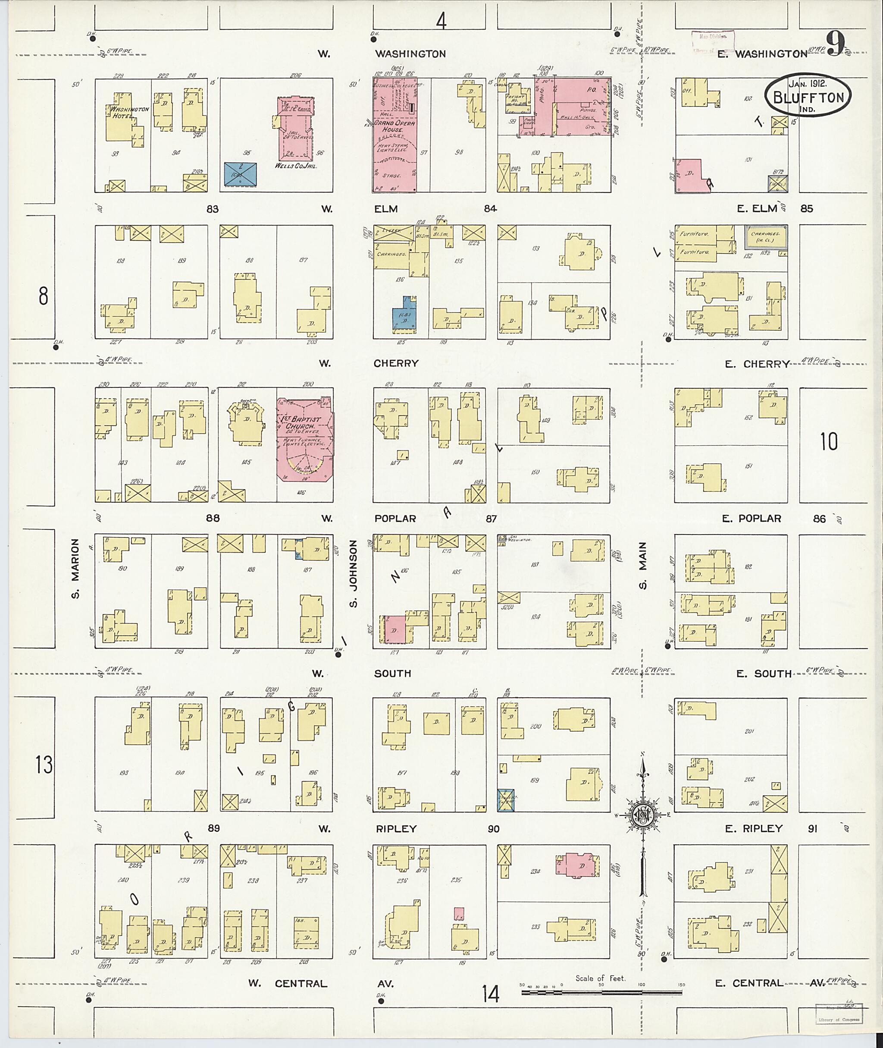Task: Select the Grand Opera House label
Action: [x=395, y=126]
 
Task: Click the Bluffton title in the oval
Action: [x=808, y=97]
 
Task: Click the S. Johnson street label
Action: [x=354, y=573]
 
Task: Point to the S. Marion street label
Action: [x=75, y=569]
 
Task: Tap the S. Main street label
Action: [x=643, y=566]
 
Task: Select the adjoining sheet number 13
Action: [x=44, y=765]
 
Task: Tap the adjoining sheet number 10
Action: [x=829, y=441]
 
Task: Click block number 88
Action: [x=213, y=518]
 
